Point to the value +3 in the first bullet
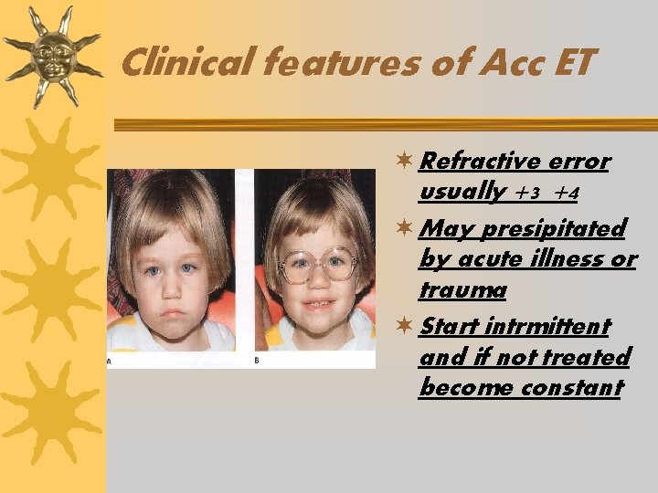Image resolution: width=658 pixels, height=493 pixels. [530, 194]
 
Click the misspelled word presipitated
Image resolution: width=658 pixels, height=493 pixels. [554, 227]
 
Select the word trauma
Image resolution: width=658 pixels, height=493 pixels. [462, 290]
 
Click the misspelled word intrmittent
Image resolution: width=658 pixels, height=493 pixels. [549, 326]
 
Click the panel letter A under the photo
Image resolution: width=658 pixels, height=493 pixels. [111, 361]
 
